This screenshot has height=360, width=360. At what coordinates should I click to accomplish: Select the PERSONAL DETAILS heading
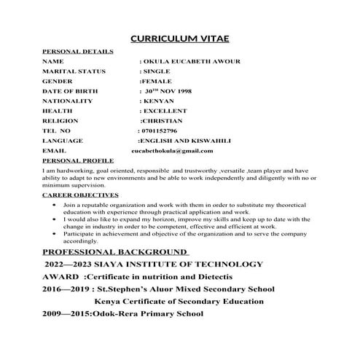tap(78, 52)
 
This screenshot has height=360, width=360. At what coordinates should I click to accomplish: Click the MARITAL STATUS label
tap(74, 71)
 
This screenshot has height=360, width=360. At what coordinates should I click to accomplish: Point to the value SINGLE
tap(157, 71)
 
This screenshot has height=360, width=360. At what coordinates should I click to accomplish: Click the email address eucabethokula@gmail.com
tap(172, 150)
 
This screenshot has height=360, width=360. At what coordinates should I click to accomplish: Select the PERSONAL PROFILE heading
tap(78, 159)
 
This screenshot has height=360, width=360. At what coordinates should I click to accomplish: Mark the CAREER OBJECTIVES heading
tap(80, 195)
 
